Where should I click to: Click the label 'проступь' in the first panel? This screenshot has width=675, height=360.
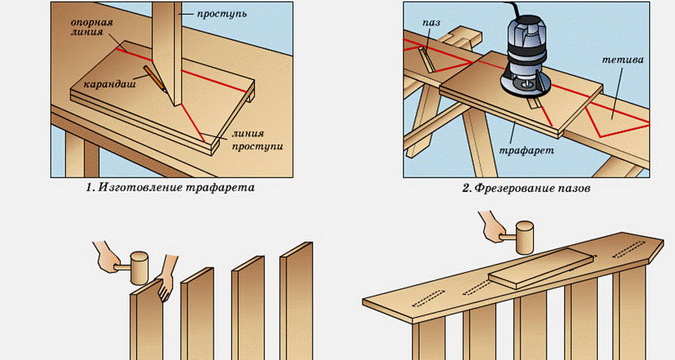click(222, 14)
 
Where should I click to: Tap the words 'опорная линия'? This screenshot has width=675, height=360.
click(91, 27)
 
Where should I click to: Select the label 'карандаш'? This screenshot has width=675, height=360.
click(109, 83)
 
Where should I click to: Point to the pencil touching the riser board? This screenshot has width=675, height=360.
click(155, 78)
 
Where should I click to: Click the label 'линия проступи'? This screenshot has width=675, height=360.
click(257, 140)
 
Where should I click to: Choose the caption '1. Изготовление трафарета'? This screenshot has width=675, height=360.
click(170, 187)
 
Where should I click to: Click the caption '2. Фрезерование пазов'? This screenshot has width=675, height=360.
click(526, 188)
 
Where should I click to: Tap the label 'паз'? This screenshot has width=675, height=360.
click(431, 22)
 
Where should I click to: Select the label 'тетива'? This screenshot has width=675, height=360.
click(622, 59)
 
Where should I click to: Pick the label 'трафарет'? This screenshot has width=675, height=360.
click(526, 150)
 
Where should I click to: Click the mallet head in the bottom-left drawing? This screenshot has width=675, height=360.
click(139, 268)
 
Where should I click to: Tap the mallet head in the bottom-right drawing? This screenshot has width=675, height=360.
click(524, 238)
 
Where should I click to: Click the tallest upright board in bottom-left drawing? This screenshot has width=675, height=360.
click(296, 301)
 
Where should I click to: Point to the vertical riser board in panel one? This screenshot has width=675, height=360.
click(167, 52)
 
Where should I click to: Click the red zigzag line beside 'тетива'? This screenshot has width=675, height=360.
click(617, 122)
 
